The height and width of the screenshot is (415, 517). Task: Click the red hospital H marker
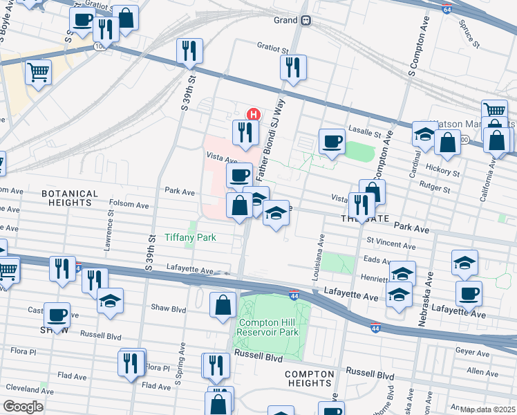(254, 114)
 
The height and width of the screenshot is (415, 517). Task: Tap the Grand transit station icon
(305, 21)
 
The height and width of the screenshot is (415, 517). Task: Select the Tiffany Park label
(190, 237)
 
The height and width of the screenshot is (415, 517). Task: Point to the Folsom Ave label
(129, 205)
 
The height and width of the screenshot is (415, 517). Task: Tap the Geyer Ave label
(473, 351)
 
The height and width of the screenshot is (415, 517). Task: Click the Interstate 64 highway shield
(447, 9)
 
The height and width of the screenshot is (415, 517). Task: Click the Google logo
(23, 406)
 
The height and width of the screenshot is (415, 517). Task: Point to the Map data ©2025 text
(488, 409)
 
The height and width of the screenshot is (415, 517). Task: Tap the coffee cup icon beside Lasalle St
(332, 140)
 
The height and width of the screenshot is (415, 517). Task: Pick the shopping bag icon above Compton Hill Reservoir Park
(223, 305)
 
